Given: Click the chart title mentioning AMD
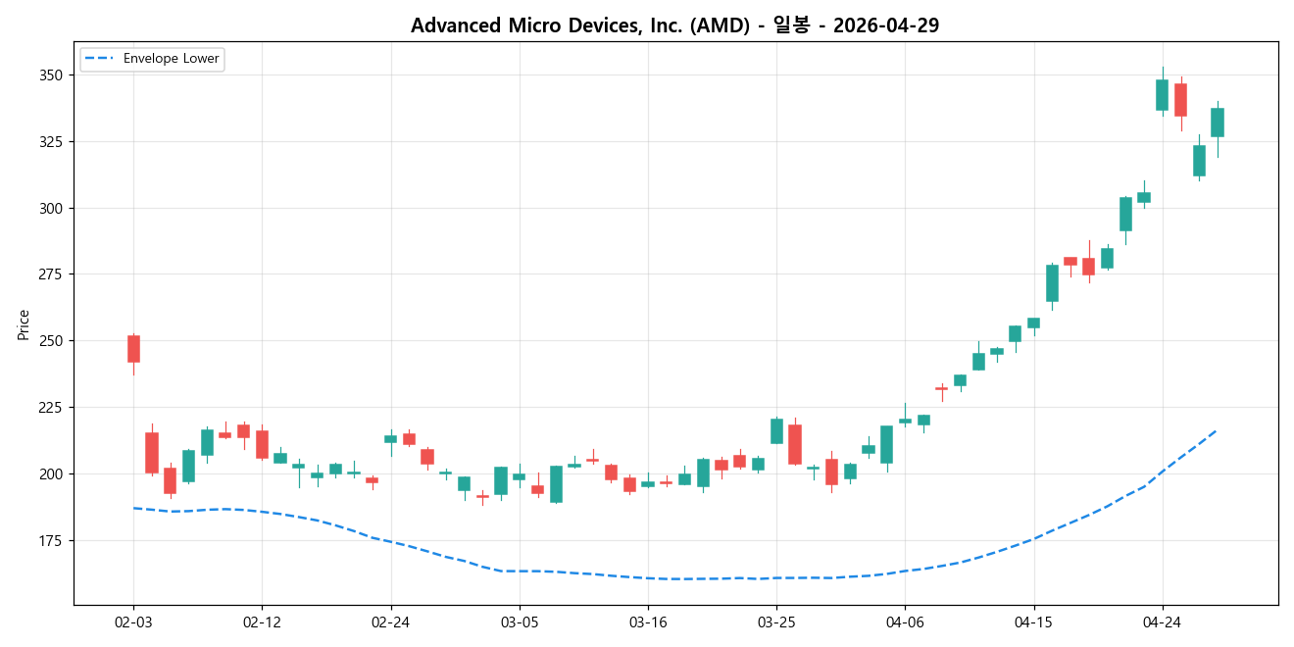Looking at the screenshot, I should pos(674,25).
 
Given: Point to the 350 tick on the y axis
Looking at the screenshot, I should pos(50,75).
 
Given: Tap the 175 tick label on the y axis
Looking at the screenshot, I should pos(50,540).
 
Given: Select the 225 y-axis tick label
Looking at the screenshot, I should pos(50,408).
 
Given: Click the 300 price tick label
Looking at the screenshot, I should pos(50,208).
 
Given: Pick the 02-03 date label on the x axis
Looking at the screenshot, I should pos(133,622).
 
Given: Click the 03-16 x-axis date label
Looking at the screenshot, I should pos(648,622).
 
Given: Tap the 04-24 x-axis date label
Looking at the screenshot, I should pos(1163,622).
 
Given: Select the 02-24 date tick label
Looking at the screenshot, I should pos(391,622).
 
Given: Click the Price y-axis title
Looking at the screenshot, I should pos(24,324).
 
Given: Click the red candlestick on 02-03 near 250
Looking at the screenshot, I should pos(133,349).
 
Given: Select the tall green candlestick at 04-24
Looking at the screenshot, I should pos(1162,95).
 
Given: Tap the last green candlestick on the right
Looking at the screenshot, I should pos(1218,123).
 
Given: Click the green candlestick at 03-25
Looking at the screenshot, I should pos(776,431).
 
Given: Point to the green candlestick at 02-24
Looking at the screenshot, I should pos(390,439).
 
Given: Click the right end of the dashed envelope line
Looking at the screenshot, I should pos(1217,429).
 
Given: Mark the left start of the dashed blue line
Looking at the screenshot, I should pos(133,508).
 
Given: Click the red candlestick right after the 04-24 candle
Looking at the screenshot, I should pos(1180,100).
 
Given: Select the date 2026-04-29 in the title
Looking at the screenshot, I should pos(885,25).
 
